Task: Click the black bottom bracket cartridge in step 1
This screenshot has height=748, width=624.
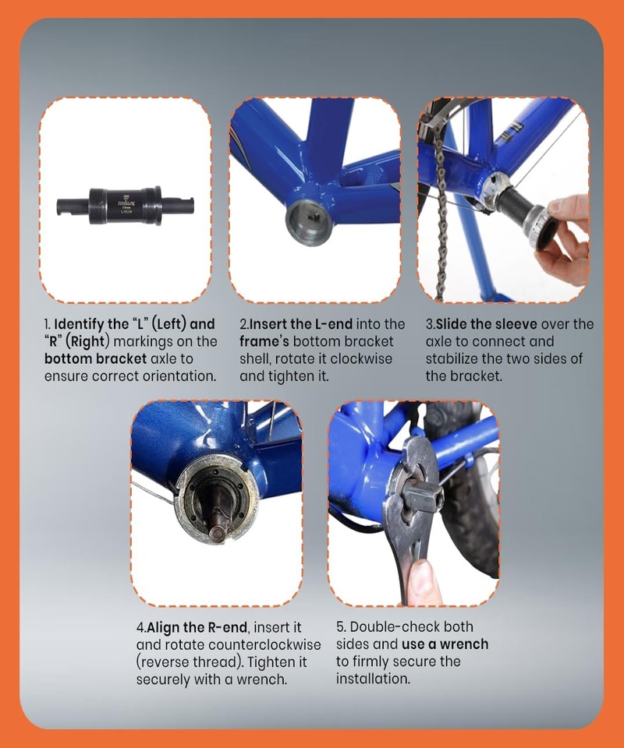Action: tap(125, 206)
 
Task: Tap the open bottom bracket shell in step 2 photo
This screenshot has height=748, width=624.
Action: tap(308, 222)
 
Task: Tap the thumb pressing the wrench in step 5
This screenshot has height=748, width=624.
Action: tap(423, 583)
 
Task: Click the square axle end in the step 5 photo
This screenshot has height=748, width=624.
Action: tap(424, 496)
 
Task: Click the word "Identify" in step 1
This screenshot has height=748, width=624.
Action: tap(80, 324)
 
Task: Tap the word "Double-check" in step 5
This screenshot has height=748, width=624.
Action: tap(395, 626)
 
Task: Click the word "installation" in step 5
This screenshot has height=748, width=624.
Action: tap(372, 679)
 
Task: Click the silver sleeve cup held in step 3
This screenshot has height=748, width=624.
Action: tap(540, 229)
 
